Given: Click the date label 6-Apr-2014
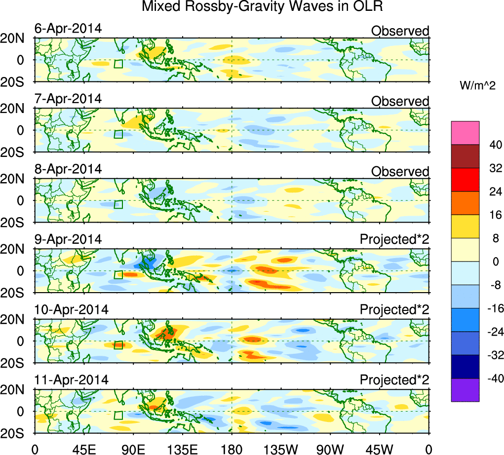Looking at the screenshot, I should [68, 29].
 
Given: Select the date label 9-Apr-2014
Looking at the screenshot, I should [68, 239].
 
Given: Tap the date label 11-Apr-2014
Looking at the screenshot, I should [71, 380].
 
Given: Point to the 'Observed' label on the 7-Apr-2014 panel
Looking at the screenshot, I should [400, 101].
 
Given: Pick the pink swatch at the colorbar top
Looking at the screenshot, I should [465, 132].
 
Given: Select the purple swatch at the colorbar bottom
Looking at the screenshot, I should [465, 390].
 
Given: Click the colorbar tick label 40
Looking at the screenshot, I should [495, 145].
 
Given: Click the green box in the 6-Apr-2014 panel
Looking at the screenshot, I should [118, 64].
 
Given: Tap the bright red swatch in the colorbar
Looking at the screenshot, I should [465, 179].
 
